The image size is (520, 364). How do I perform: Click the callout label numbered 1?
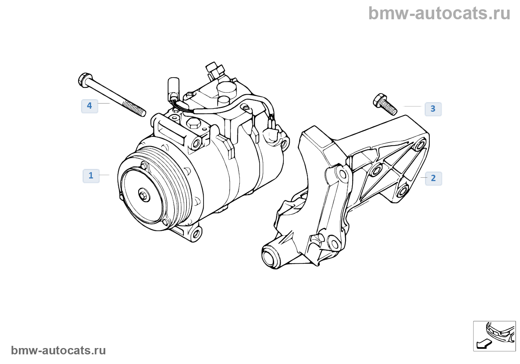tap(91, 176)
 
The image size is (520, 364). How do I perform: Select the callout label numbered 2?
tap(433, 178)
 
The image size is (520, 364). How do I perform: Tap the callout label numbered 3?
tap(433, 109)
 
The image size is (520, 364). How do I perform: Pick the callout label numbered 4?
tap(90, 106)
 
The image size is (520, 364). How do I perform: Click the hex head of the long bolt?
tap(84, 79)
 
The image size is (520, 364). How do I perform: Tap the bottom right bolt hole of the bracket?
tap(402, 191)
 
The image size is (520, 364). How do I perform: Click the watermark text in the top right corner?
tap(439, 13)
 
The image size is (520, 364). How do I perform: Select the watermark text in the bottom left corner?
tap(58, 350)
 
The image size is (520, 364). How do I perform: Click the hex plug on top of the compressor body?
tap(193, 124)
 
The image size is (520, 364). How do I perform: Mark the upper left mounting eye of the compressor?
tap(196, 142)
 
